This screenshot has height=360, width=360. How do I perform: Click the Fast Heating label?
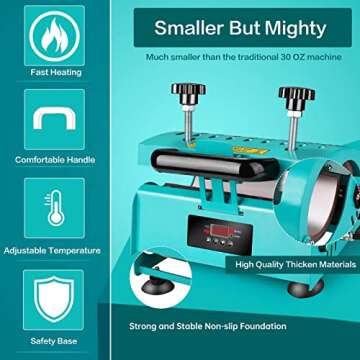(x=48, y=72)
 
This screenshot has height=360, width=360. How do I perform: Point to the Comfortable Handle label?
(x=48, y=159)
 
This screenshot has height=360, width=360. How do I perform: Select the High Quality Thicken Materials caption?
(x=295, y=265)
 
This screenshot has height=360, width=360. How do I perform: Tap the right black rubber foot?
(x=297, y=289)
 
